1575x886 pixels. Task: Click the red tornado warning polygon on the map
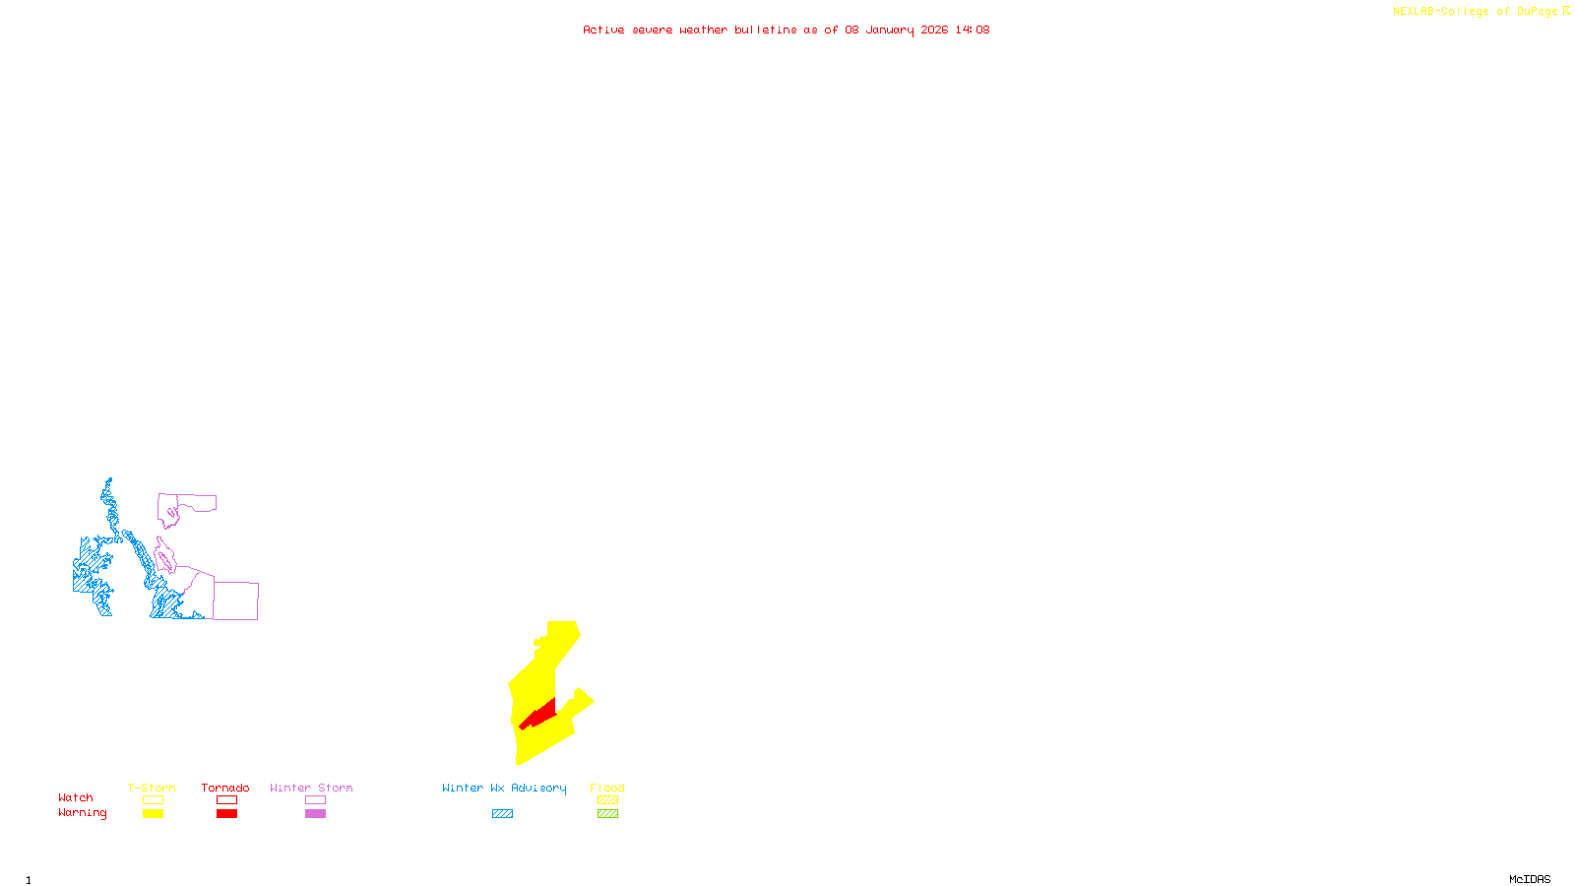pyautogui.click(x=539, y=714)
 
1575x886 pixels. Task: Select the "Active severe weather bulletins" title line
pyautogui.click(x=786, y=30)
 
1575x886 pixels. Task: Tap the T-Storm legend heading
pyautogui.click(x=152, y=788)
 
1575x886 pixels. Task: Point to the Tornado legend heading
pyautogui.click(x=225, y=788)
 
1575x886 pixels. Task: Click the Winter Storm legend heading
pyautogui.click(x=311, y=788)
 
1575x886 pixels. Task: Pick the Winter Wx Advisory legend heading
pyautogui.click(x=504, y=788)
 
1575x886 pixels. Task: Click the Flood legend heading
pyautogui.click(x=607, y=788)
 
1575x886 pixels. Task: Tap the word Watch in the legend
pyautogui.click(x=76, y=797)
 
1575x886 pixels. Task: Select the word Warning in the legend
pyautogui.click(x=82, y=813)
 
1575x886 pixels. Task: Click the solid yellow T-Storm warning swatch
pyautogui.click(x=153, y=814)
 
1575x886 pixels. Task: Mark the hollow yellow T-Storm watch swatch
pyautogui.click(x=153, y=800)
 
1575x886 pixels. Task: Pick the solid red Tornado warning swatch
pyautogui.click(x=226, y=814)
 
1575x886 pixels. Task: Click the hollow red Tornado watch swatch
pyautogui.click(x=226, y=800)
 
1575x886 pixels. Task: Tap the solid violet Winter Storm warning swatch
pyautogui.click(x=315, y=814)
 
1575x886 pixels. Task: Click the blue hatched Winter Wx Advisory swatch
pyautogui.click(x=502, y=814)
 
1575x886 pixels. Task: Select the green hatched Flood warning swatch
pyautogui.click(x=607, y=814)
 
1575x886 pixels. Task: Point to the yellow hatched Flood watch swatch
pyautogui.click(x=607, y=800)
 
